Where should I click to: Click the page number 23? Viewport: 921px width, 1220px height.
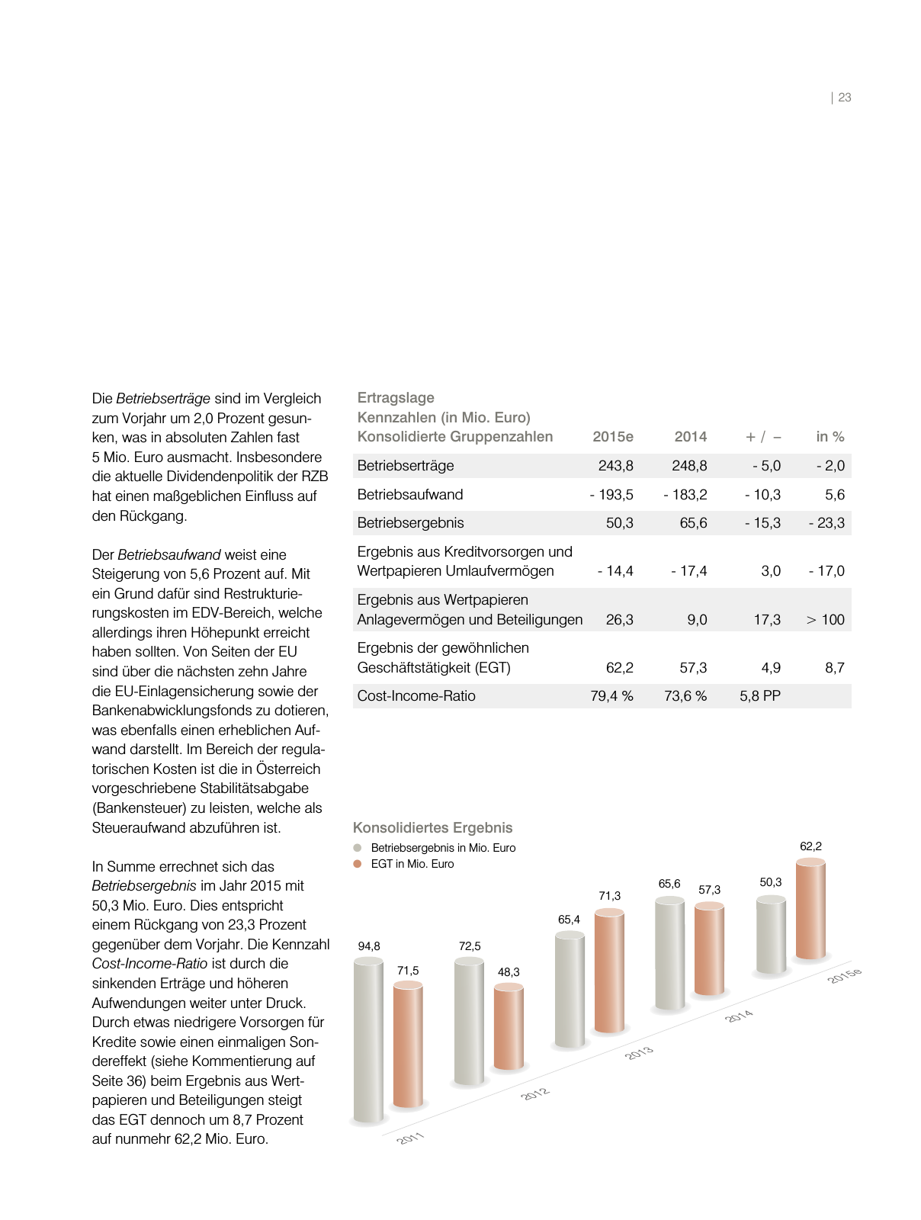click(844, 98)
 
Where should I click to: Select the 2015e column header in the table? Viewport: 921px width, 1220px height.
click(612, 437)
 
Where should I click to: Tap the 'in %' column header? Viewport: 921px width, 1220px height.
click(830, 437)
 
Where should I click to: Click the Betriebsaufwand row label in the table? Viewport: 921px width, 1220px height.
click(409, 494)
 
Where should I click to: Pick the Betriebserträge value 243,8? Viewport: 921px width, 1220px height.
click(615, 466)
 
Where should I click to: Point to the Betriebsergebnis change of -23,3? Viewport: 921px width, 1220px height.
click(826, 523)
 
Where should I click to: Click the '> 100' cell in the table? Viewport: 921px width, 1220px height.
click(825, 619)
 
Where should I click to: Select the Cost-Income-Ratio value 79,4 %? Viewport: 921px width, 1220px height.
click(611, 696)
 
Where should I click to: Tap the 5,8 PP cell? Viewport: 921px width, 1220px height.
click(759, 696)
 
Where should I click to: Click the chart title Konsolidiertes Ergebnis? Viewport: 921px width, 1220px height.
click(432, 828)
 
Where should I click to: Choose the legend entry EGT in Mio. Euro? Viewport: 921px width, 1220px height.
click(412, 864)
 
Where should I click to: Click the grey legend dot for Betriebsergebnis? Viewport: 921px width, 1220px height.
click(357, 848)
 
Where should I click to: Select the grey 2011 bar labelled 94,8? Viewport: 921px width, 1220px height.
click(368, 1041)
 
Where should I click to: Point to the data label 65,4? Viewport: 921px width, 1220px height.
click(569, 920)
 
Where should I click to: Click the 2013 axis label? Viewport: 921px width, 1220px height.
click(639, 1053)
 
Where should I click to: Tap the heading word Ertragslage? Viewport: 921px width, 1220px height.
click(395, 398)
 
